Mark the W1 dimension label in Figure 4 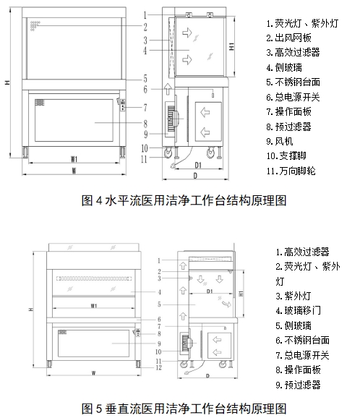74,158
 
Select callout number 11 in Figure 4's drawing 144,158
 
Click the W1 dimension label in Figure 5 94,306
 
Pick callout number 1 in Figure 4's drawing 145,14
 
